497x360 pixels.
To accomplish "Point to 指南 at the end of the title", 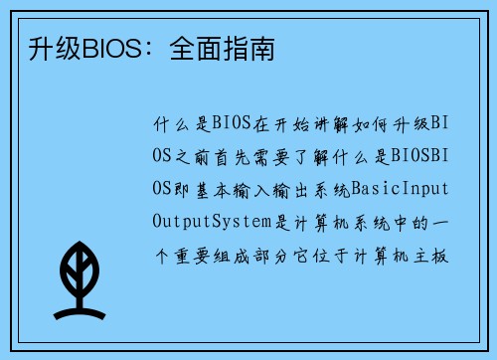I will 242,46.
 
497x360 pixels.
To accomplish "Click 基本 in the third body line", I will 210,187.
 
